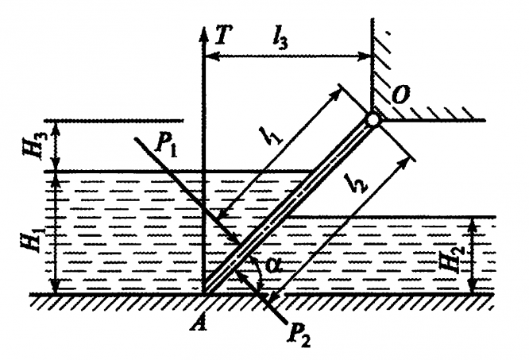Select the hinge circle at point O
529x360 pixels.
coord(372,121)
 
